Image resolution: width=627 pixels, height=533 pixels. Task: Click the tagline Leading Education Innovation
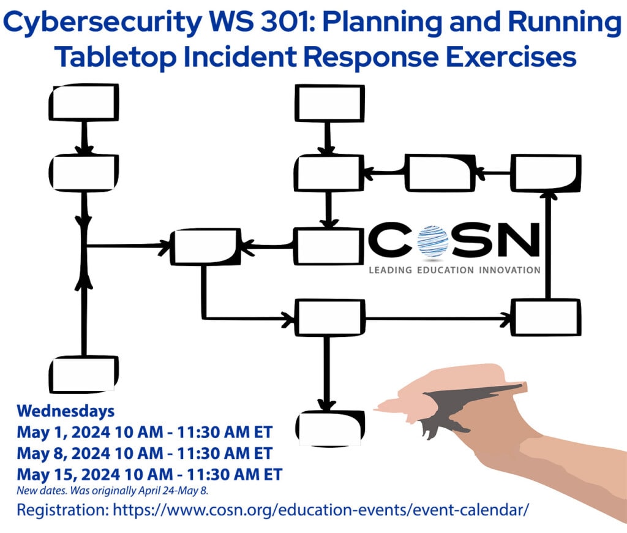(454, 270)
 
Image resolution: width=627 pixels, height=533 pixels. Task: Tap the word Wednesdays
(66, 410)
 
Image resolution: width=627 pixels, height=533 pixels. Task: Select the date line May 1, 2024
(144, 432)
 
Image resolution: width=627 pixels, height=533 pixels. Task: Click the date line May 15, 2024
(149, 474)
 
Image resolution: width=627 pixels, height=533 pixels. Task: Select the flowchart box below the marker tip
(329, 428)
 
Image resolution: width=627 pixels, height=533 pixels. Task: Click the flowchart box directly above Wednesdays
(83, 374)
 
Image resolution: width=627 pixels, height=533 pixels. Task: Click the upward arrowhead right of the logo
(549, 195)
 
